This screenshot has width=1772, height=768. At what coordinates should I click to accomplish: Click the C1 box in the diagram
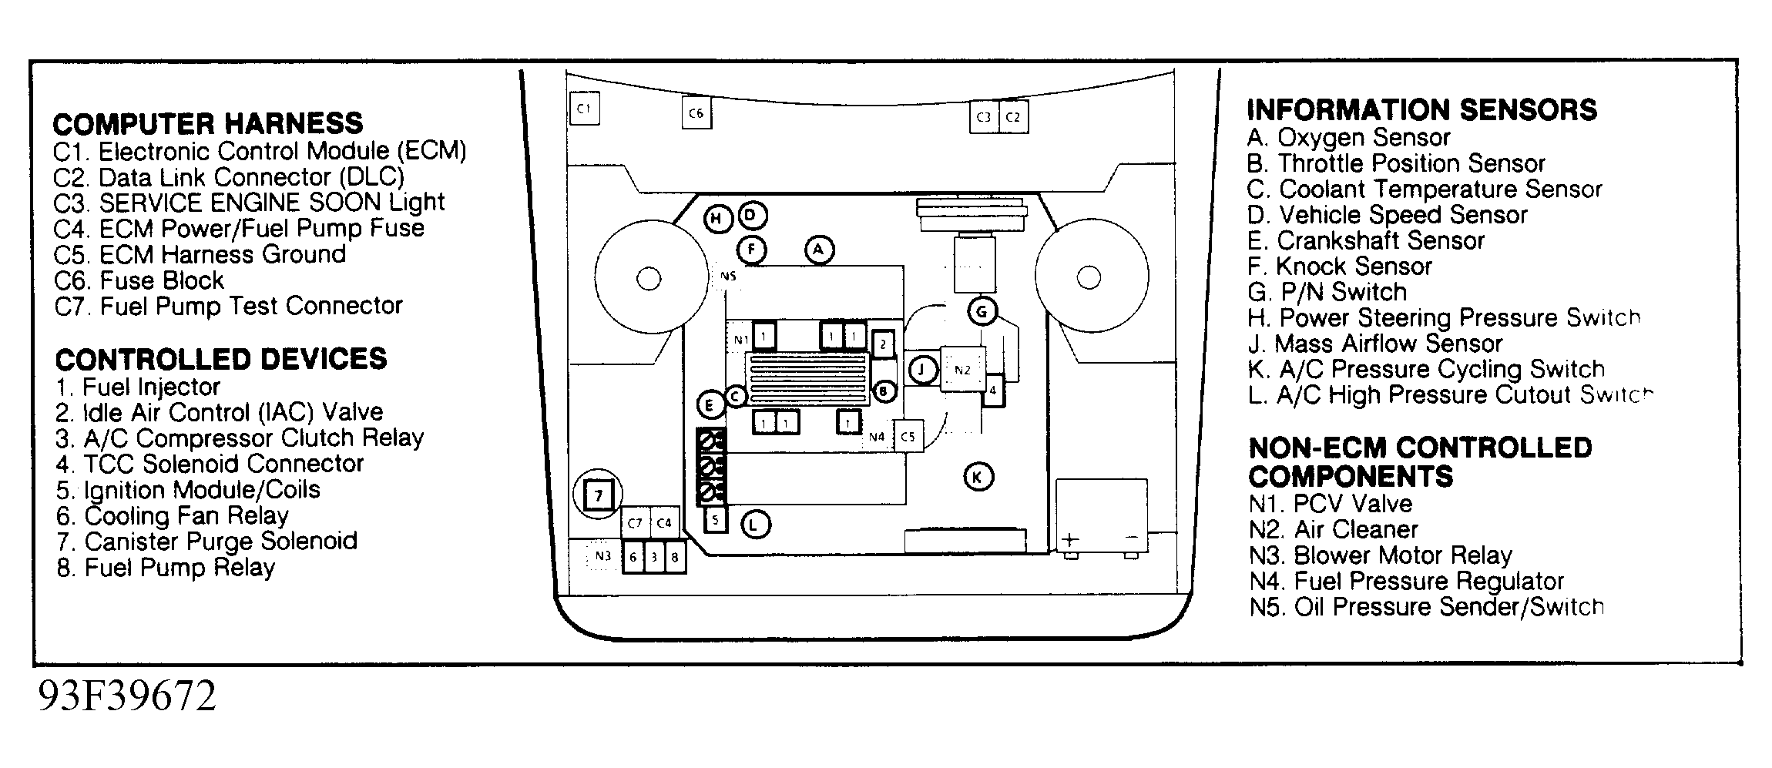[584, 109]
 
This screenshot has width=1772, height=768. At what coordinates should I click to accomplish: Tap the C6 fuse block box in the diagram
[696, 113]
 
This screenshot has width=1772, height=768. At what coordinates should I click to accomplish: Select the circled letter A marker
[819, 250]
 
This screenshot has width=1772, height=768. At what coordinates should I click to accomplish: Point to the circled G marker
[982, 312]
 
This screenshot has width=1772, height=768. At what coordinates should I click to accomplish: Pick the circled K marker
[978, 478]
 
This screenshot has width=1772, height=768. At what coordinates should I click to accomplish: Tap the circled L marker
[755, 525]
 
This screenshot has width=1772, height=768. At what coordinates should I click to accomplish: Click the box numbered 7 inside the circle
[599, 495]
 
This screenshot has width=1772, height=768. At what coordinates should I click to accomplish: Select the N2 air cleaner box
[962, 370]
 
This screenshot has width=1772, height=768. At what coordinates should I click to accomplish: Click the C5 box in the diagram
[908, 437]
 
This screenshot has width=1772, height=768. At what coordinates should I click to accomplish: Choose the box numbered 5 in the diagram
[715, 521]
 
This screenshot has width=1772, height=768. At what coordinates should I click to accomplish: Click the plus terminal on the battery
[1071, 539]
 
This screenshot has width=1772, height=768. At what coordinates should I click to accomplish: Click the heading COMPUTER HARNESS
[208, 123]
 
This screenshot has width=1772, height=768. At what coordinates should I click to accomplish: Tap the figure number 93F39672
[127, 697]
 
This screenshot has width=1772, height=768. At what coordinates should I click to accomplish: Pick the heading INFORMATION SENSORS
[1421, 110]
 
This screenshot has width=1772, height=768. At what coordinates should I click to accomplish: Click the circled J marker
[922, 370]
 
